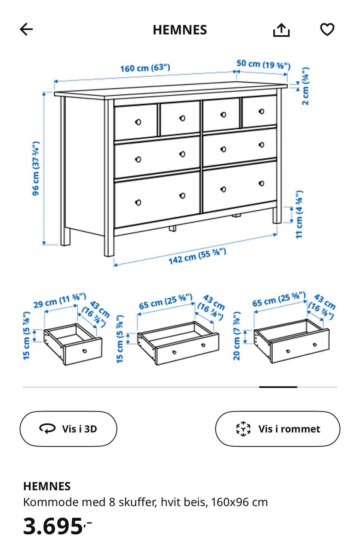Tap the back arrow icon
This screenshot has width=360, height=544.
click(26, 29)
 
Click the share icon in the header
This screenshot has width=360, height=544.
click(281, 30)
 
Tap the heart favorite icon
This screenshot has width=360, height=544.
click(327, 29)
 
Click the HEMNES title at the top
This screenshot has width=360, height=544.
click(180, 30)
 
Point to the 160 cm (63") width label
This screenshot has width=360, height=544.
click(145, 68)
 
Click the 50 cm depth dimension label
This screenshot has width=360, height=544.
click(263, 65)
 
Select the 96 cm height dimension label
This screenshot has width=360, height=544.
click(36, 168)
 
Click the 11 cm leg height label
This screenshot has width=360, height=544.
click(299, 214)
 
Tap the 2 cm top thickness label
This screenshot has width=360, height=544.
click(305, 86)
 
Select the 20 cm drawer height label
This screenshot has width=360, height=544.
click(237, 336)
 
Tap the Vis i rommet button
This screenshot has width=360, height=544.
click(277, 429)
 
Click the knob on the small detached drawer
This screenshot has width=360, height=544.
click(85, 351)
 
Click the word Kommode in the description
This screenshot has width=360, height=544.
click(51, 502)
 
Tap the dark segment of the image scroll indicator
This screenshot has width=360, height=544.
click(278, 387)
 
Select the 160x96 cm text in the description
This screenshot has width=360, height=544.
click(239, 502)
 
